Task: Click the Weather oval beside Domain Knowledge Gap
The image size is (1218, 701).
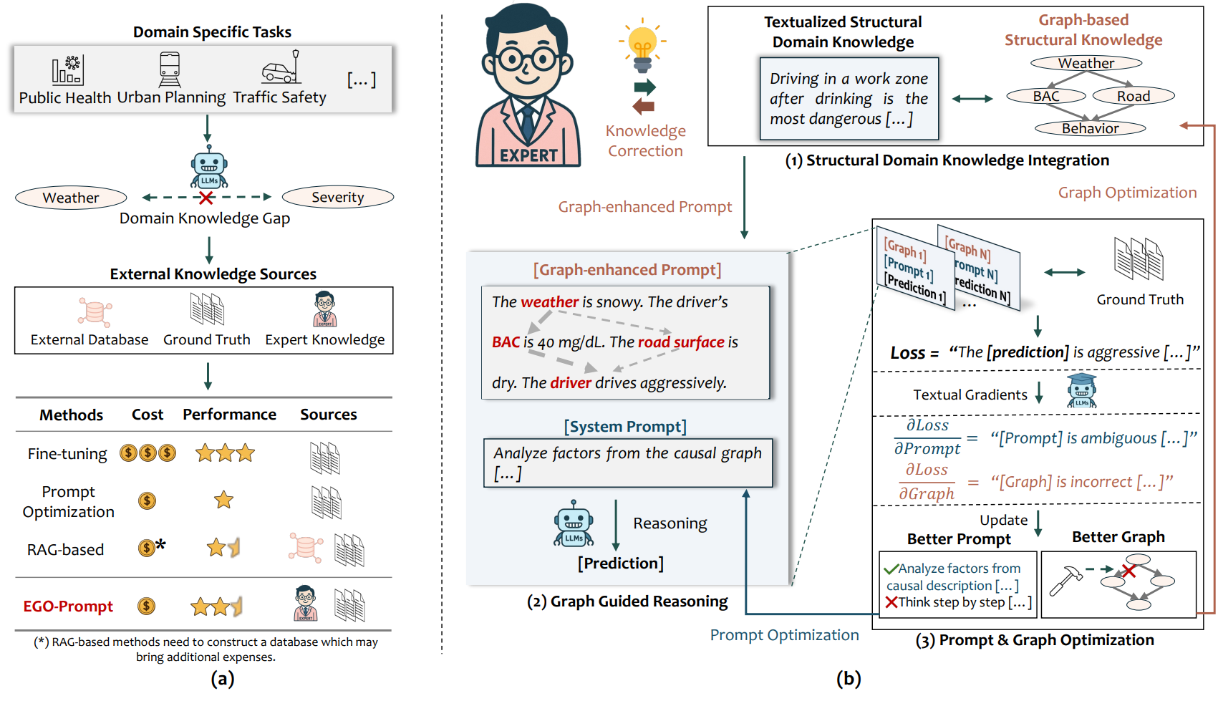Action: coord(71,198)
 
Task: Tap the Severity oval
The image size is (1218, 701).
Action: coord(337,197)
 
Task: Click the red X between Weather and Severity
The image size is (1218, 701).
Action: coord(206,198)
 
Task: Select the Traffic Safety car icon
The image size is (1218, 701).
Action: coord(281,69)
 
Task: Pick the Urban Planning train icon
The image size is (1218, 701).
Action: coord(170,69)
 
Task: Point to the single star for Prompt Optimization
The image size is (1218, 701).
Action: coord(223,500)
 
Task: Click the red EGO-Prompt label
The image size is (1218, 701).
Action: coord(68,606)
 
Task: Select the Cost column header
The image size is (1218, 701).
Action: coord(147,415)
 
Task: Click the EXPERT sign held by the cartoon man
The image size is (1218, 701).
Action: coord(528,155)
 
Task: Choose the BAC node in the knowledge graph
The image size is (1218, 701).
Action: coord(1045,96)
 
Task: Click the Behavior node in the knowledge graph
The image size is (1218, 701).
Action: coord(1090,128)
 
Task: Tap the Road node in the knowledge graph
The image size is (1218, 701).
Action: coord(1133,96)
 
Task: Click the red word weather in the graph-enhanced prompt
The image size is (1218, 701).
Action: coord(549,302)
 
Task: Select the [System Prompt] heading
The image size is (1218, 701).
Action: coord(625,427)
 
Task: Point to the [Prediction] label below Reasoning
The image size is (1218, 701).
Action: coord(620,564)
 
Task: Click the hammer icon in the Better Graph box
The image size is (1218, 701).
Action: coord(1065,580)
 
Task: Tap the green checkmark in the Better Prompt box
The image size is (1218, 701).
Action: coord(891,569)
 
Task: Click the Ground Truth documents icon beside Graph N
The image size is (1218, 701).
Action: coord(1139,258)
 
